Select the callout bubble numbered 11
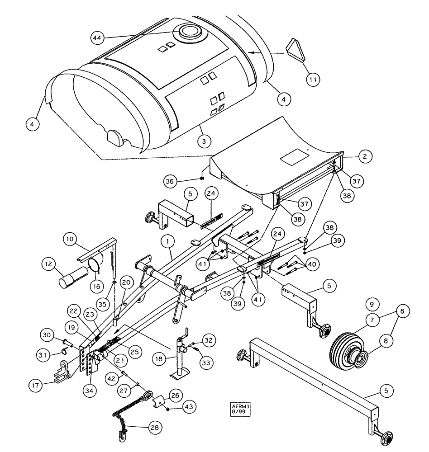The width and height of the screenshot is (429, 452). tap(312, 79)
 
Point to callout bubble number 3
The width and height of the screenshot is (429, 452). tap(204, 141)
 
